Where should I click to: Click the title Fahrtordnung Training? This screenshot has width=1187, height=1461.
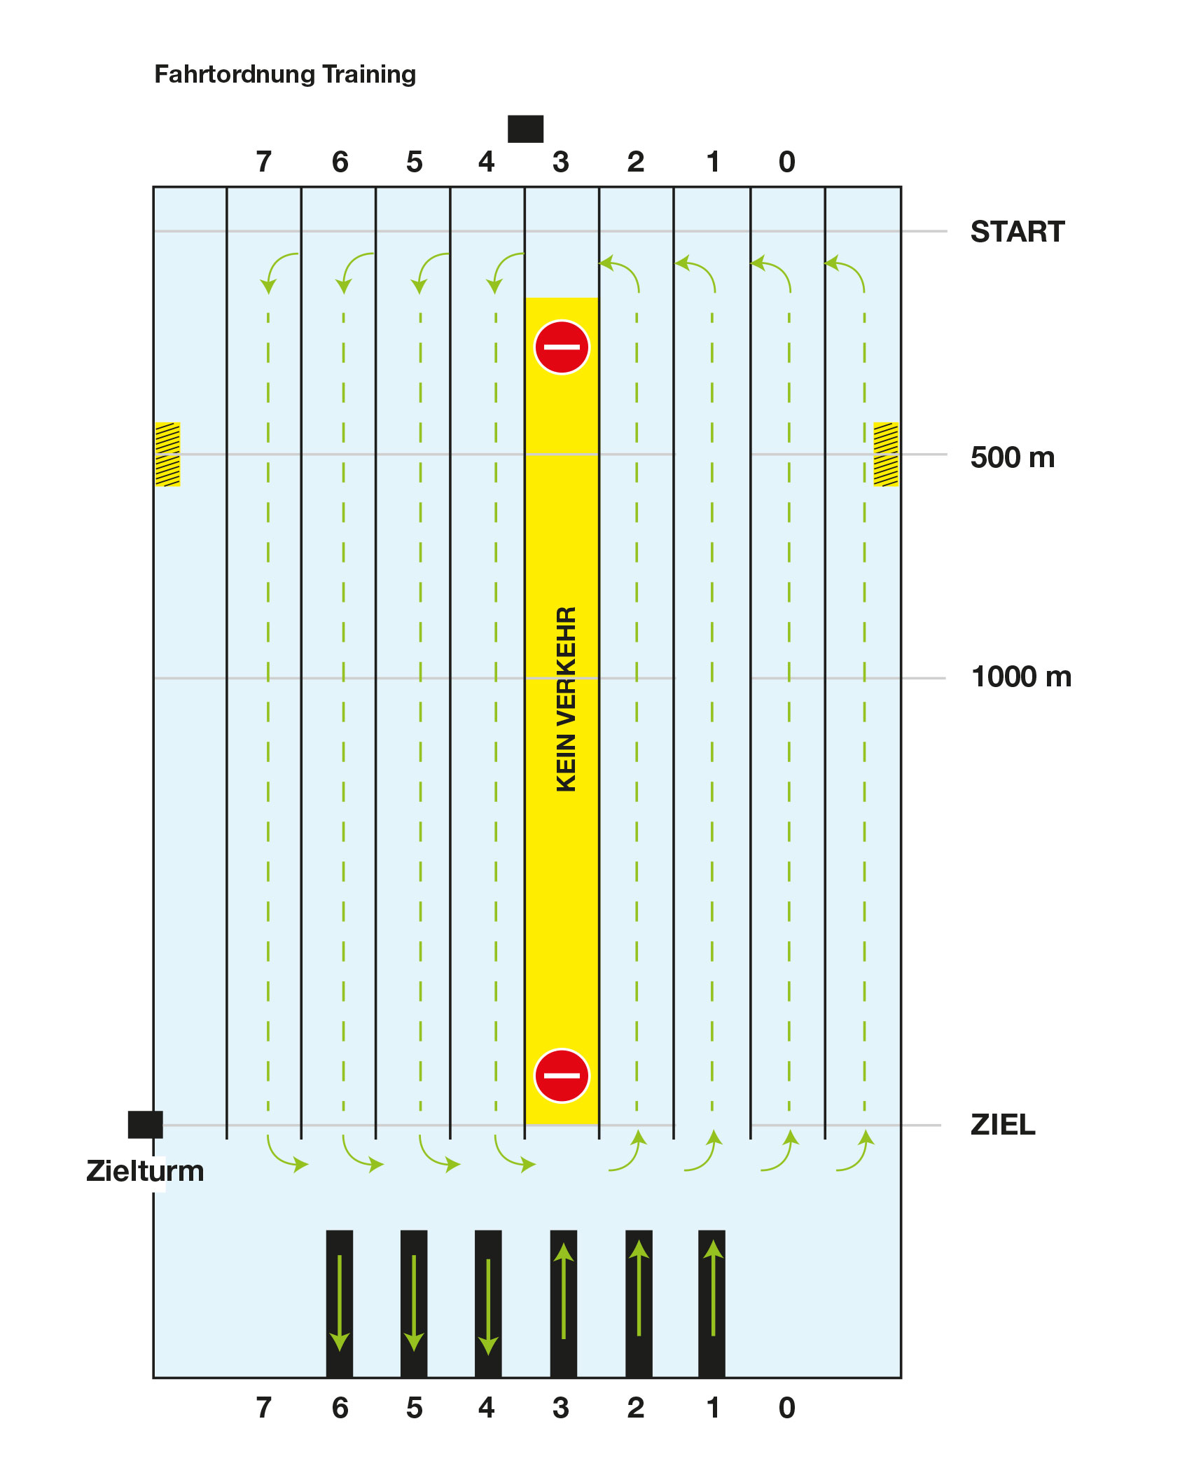pyautogui.click(x=284, y=74)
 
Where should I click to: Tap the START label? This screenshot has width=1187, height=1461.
pyautogui.click(x=1017, y=232)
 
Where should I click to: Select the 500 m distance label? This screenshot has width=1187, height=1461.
pyautogui.click(x=1012, y=457)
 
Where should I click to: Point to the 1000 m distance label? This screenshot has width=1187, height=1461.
pyautogui.click(x=1020, y=677)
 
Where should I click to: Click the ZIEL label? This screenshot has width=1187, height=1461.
pyautogui.click(x=1002, y=1125)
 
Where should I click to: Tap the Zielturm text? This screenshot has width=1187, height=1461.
pyautogui.click(x=145, y=1171)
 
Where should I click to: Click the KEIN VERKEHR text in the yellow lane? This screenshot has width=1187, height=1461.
pyautogui.click(x=566, y=699)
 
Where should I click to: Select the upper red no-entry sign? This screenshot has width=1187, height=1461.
pyautogui.click(x=562, y=347)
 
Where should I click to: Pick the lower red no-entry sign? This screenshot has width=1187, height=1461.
pyautogui.click(x=562, y=1076)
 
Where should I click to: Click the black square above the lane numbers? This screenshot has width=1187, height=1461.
pyautogui.click(x=525, y=129)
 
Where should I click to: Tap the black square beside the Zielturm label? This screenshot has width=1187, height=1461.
pyautogui.click(x=145, y=1124)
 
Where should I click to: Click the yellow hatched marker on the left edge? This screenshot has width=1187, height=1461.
pyautogui.click(x=167, y=454)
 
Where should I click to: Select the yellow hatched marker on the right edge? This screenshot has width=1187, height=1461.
pyautogui.click(x=886, y=454)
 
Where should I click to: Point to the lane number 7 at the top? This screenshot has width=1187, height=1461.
pyautogui.click(x=263, y=162)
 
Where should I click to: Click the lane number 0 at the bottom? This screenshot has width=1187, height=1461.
pyautogui.click(x=786, y=1408)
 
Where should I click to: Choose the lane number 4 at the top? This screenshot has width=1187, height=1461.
pyautogui.click(x=486, y=162)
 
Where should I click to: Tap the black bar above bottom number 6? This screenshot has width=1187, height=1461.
pyautogui.click(x=340, y=1303)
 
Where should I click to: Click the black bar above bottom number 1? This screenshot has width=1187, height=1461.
pyautogui.click(x=711, y=1303)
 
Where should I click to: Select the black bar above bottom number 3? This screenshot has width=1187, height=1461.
pyautogui.click(x=563, y=1303)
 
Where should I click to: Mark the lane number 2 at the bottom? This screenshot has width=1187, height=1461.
pyautogui.click(x=635, y=1408)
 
